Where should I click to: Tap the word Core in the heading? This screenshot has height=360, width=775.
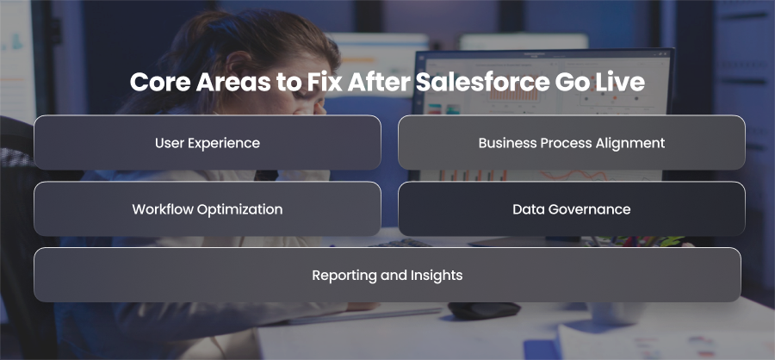159,83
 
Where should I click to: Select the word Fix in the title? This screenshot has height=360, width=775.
325,82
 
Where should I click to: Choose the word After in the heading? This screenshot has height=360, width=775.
379,82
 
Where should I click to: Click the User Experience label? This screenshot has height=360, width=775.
208,143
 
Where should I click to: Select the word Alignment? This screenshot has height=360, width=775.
630,144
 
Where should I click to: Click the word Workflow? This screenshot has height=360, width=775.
163,209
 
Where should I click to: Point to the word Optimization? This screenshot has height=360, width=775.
239,209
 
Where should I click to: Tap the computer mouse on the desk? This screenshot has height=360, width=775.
484,311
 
